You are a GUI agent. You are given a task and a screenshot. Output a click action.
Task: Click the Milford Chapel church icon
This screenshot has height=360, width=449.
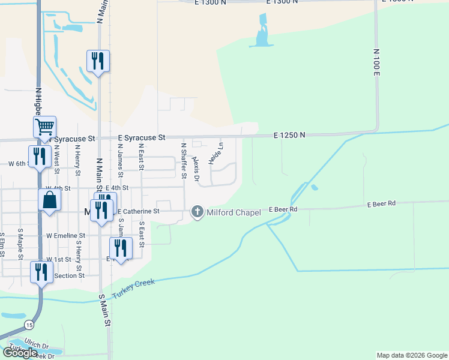(x=197, y=212)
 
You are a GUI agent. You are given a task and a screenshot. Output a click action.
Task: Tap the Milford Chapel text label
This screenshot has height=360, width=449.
(x=234, y=212)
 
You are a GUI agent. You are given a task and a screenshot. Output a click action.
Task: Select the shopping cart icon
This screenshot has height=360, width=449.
(x=44, y=127)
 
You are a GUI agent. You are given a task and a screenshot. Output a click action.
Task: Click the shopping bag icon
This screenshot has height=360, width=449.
(x=50, y=200)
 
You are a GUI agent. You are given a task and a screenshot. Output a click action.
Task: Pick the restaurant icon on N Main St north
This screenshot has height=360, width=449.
(x=98, y=61)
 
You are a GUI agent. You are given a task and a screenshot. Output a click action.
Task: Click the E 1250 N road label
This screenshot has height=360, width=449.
(x=289, y=136)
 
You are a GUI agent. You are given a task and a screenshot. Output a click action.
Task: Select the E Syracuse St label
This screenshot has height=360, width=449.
(x=142, y=137)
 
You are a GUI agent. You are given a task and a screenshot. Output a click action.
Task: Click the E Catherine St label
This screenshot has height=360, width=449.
(x=139, y=211)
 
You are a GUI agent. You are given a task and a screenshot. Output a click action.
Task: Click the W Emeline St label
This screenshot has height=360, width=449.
(x=67, y=236)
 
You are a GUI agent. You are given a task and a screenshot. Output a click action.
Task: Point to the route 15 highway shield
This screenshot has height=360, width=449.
(x=29, y=325)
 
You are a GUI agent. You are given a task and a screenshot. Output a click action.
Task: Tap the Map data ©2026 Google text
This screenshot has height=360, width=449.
(x=411, y=355)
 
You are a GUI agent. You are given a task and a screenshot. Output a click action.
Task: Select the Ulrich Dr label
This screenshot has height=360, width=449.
(x=37, y=346)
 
